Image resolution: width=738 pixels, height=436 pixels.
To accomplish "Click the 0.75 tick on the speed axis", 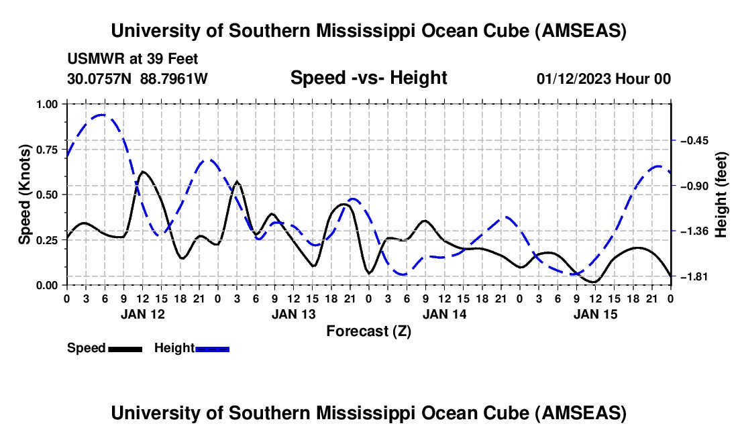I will click(x=48, y=150).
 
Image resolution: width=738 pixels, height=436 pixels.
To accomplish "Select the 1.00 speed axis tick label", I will click(x=48, y=104).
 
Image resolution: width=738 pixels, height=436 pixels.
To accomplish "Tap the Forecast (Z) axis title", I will click(x=368, y=331).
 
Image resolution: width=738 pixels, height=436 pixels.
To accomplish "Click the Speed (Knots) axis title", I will click(x=25, y=194).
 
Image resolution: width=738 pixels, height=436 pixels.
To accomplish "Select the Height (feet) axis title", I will click(x=721, y=194).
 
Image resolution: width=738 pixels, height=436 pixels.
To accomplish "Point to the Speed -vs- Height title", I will click(x=368, y=78).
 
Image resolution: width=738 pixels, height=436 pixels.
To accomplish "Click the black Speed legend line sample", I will click(x=125, y=348).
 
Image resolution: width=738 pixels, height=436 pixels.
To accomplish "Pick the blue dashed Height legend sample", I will click(x=212, y=348).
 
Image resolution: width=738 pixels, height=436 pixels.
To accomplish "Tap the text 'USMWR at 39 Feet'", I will click(x=132, y=59).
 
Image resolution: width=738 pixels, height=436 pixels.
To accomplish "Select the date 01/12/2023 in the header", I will click(x=573, y=78).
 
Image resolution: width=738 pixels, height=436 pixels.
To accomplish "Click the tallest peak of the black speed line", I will click(x=143, y=172).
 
